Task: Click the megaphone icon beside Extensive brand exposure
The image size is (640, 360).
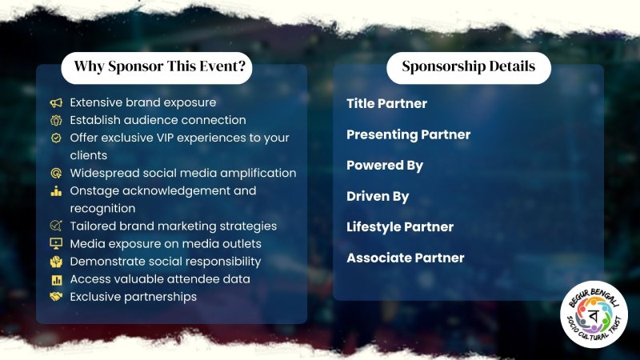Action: click(56, 102)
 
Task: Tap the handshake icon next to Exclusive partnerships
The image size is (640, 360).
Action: click(56, 296)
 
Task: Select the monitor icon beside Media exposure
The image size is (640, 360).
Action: click(56, 244)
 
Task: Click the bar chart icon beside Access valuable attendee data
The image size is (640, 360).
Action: click(56, 279)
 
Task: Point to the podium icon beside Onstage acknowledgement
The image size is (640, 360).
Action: click(56, 191)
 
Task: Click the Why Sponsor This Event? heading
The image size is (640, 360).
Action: click(160, 66)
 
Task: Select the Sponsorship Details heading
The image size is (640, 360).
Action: click(469, 66)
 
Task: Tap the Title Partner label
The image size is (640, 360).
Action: click(386, 103)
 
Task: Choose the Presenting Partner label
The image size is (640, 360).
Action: click(408, 134)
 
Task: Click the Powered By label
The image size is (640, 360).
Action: click(385, 166)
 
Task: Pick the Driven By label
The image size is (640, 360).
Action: click(378, 197)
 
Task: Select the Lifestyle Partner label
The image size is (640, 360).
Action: click(400, 227)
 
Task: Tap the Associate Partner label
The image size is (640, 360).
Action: click(406, 258)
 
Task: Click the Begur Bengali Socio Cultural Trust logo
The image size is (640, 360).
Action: click(594, 314)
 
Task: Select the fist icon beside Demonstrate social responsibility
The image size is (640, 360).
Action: click(56, 262)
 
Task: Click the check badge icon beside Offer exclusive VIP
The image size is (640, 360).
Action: click(56, 138)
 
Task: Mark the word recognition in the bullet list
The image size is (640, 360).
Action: click(102, 209)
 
